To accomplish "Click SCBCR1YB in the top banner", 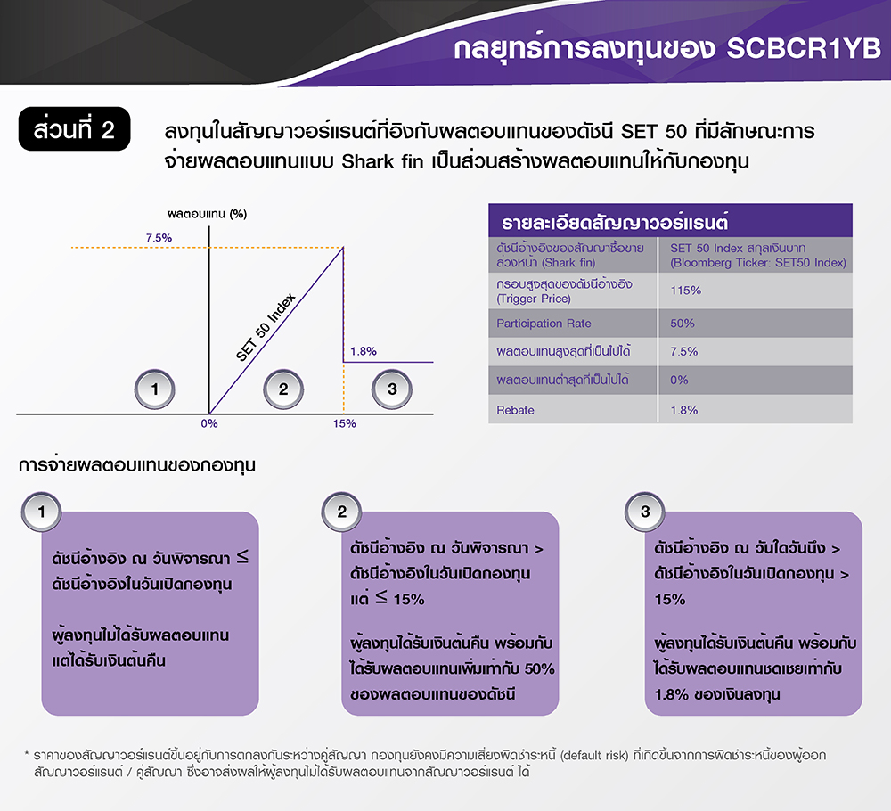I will pyautogui.click(x=803, y=48).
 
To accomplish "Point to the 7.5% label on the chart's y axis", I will pyautogui.click(x=159, y=238).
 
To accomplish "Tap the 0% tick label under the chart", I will pyautogui.click(x=208, y=423).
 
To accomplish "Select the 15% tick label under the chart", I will pyautogui.click(x=344, y=423).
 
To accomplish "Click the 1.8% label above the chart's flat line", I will pyautogui.click(x=363, y=351).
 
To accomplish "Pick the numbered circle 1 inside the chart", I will pyautogui.click(x=155, y=389).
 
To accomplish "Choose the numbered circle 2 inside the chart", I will pyautogui.click(x=282, y=389).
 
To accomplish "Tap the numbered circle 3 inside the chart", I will pyautogui.click(x=392, y=389).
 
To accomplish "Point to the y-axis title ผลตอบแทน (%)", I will pyautogui.click(x=207, y=214).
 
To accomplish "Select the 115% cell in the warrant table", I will pyautogui.click(x=685, y=291).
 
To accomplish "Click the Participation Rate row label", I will pyautogui.click(x=542, y=324).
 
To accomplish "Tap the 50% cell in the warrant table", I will pyautogui.click(x=683, y=324).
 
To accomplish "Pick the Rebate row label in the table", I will pyautogui.click(x=516, y=410).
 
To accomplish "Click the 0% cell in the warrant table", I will pyautogui.click(x=679, y=381).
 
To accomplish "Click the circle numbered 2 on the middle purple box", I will pyautogui.click(x=342, y=512).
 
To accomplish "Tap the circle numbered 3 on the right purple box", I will pyautogui.click(x=645, y=512).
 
